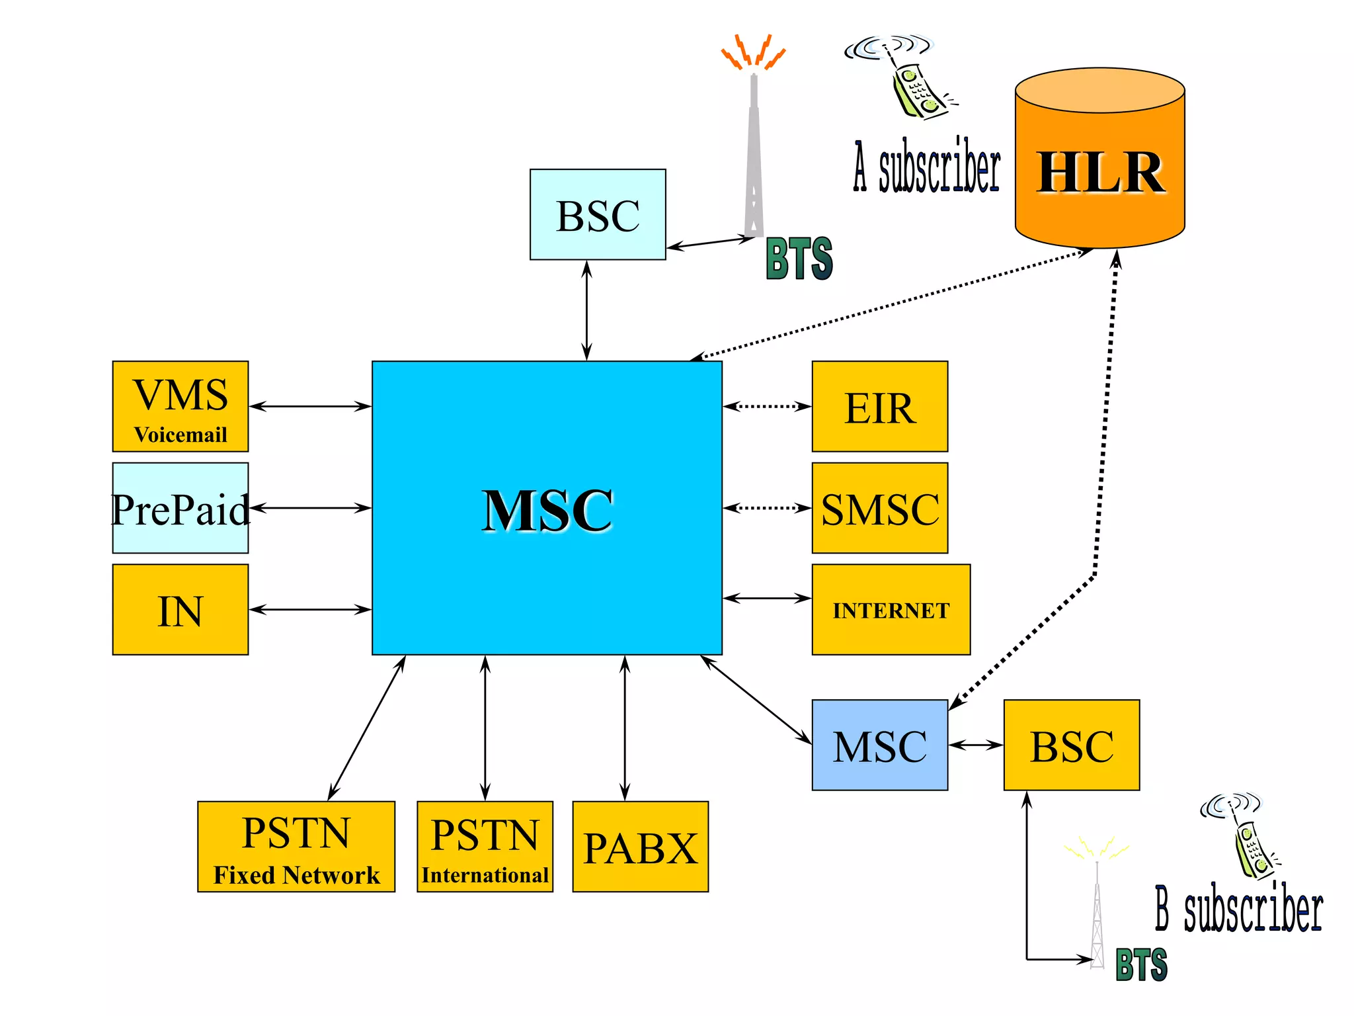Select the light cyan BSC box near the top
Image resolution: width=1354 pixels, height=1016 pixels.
pos(598,214)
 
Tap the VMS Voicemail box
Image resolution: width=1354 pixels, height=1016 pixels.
pos(180,406)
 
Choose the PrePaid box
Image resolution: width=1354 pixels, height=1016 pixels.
pos(180,508)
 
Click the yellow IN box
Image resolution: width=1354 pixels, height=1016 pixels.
pos(180,609)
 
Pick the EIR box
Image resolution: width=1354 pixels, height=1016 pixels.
pos(879,406)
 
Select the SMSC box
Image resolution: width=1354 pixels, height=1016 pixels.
pos(879,508)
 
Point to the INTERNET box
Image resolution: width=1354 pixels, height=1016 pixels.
pos(891,609)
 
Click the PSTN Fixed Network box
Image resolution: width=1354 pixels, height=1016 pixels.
pos(296,847)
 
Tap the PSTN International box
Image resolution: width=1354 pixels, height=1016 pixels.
pos(485,847)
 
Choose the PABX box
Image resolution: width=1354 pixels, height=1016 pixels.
pos(640,847)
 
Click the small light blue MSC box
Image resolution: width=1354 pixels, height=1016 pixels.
pos(879,745)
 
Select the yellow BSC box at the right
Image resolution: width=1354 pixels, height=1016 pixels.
pos(1071,745)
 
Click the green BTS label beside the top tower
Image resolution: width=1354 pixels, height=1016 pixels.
pos(799,259)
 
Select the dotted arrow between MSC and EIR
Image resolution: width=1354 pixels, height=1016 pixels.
pos(767,406)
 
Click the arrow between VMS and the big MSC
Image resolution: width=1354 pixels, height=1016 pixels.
pos(309,406)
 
